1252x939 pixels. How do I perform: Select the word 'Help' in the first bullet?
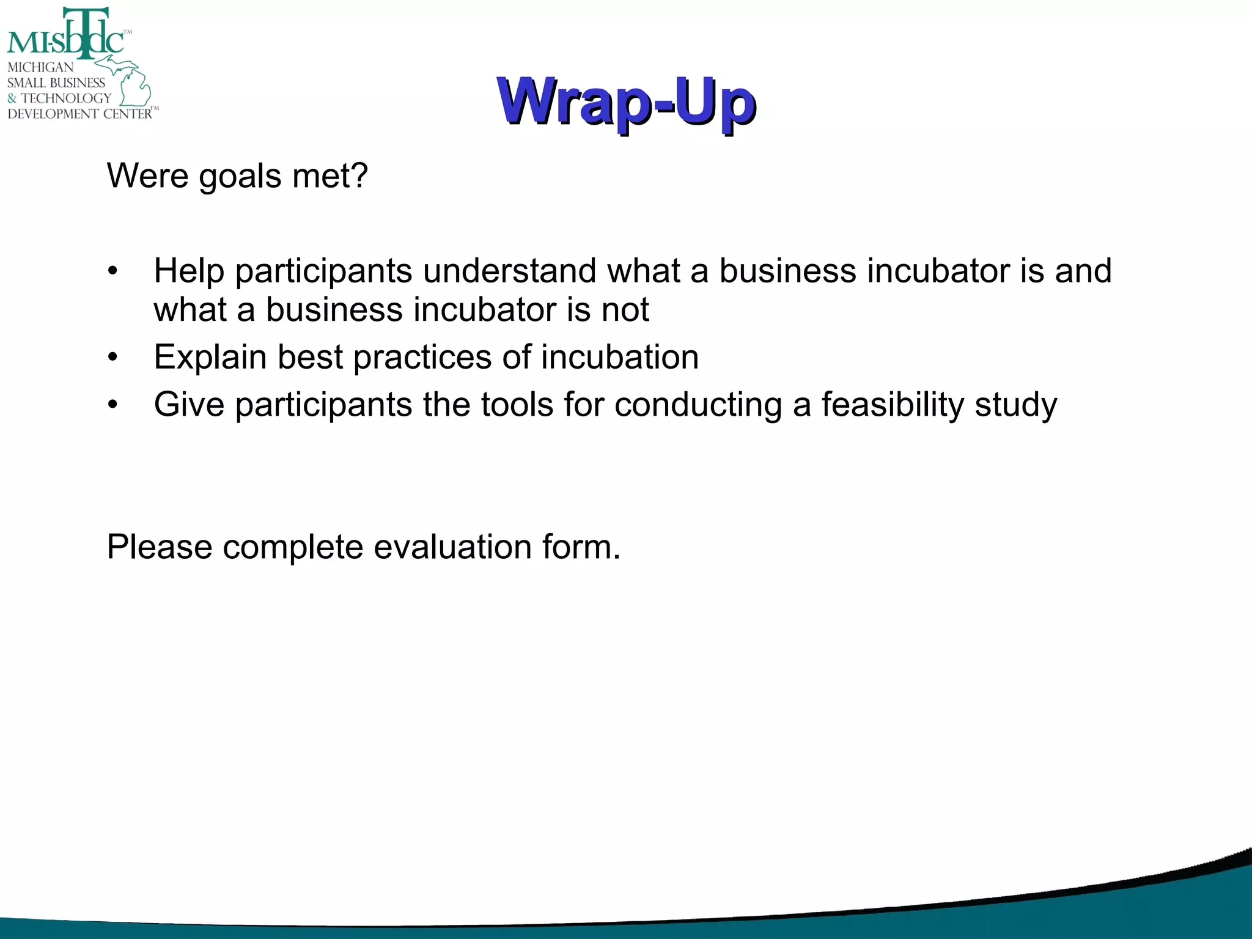[188, 271]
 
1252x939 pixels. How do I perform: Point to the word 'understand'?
[509, 271]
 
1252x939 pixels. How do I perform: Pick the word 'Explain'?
[210, 358]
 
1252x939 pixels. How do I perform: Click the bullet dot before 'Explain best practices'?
[112, 358]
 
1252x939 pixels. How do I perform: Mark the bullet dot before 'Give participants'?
[112, 405]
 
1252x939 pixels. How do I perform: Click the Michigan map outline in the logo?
[131, 83]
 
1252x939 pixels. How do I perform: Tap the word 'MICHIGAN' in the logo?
[40, 67]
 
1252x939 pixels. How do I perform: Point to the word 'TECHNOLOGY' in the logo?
[66, 98]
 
